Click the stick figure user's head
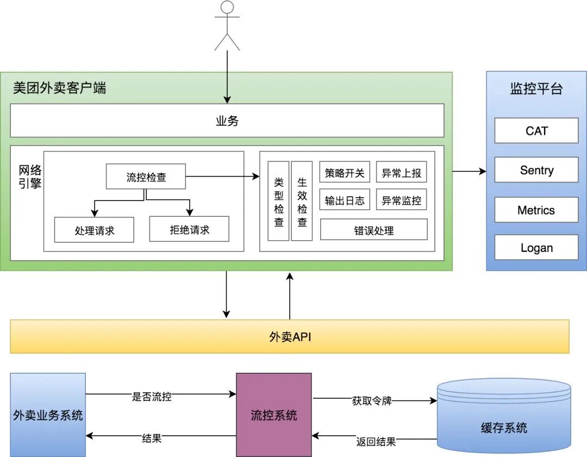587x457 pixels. point(227,8)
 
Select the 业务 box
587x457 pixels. point(227,121)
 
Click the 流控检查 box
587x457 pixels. point(146,177)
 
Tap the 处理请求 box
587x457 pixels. point(94,230)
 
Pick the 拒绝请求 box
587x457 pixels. point(189,229)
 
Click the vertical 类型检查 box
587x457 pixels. point(279,201)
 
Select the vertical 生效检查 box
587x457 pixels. point(302,201)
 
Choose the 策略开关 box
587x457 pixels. point(345,173)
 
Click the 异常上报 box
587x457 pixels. point(401,173)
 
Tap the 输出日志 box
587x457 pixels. point(345,200)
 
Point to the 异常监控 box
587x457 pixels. point(401,200)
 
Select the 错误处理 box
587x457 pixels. point(373,230)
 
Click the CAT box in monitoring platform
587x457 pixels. point(536,130)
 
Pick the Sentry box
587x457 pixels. point(536,170)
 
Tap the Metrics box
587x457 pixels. point(536,210)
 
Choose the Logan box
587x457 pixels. point(536,248)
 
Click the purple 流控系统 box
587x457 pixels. point(274,415)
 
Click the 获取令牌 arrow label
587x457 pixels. point(372,401)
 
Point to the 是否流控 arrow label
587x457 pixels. point(152,396)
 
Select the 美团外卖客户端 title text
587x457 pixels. point(60,88)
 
